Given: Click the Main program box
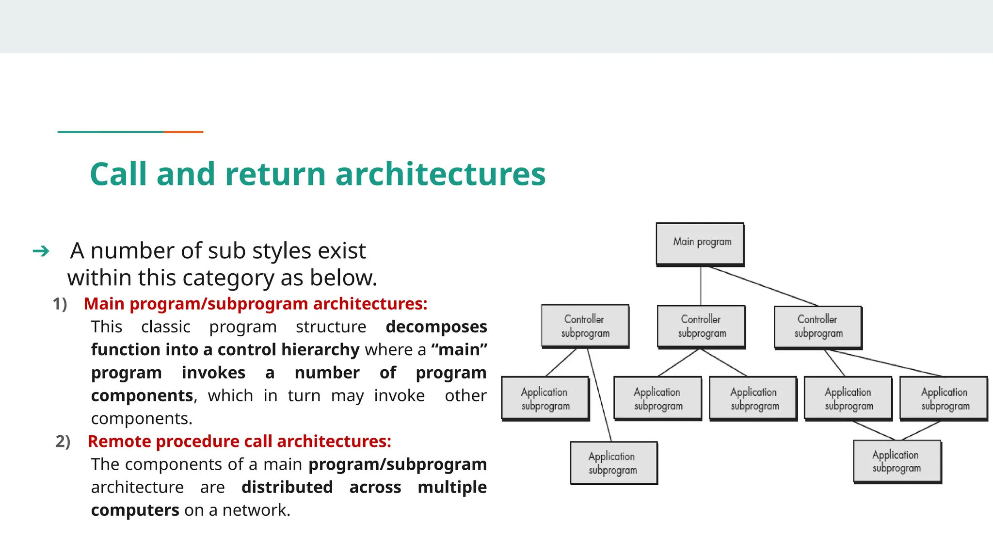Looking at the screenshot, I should coord(700,244).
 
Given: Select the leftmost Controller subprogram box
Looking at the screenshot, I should coord(585,326).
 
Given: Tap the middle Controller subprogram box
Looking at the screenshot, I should coord(701,326).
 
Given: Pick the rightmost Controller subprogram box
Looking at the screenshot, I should coord(817,326).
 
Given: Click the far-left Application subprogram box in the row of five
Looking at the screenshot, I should coord(545,398).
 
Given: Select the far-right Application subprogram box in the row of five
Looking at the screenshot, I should coord(944,398).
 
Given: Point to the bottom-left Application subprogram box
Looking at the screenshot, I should coord(613,462).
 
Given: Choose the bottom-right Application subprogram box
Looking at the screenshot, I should coord(897,461).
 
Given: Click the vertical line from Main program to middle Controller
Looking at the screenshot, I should coord(701,286).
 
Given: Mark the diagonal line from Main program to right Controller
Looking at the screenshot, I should coord(764,286).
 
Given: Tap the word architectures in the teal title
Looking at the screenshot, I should coord(440,174).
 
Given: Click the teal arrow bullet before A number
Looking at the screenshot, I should coord(41,251).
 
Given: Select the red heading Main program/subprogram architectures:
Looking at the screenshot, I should coord(256,304).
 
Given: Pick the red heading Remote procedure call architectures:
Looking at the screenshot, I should coord(240,442).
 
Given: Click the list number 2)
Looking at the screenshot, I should coord(63,442).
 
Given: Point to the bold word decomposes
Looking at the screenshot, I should coord(436,327).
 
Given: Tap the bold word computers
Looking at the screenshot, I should coord(135,510).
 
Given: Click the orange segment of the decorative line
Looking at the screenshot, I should coord(183,132).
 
